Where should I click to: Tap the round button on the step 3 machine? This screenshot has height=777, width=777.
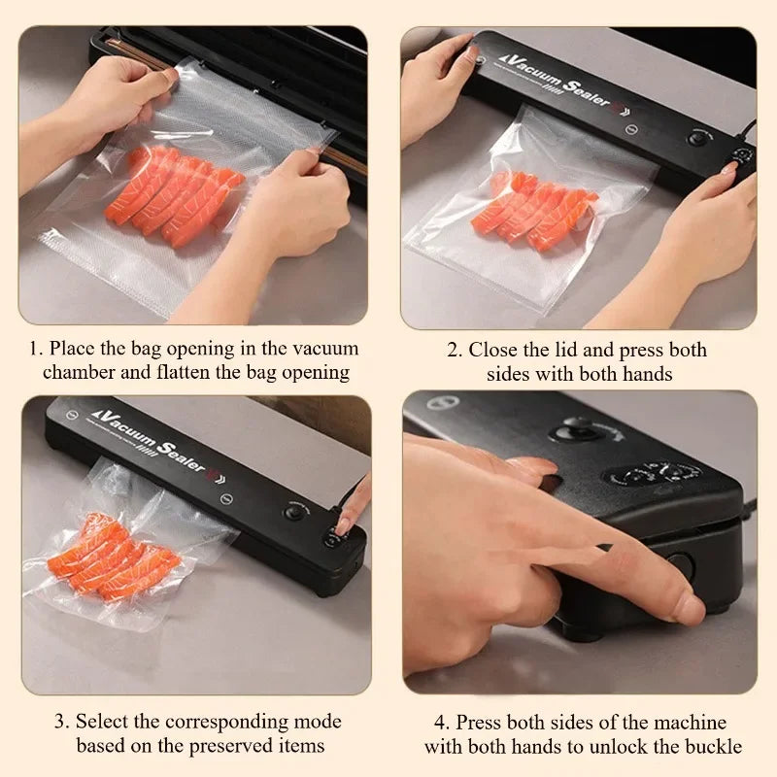click(292, 510)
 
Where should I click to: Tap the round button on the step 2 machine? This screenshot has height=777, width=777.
click(696, 138)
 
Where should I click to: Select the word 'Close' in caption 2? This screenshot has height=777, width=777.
click(493, 350)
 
